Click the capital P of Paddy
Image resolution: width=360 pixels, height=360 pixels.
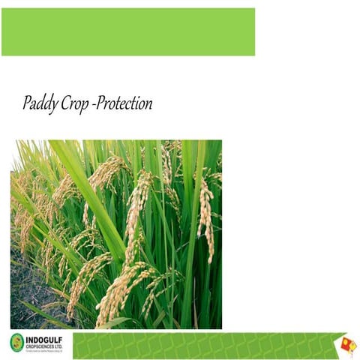(x=28, y=103)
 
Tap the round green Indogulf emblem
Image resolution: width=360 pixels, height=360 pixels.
(x=17, y=343)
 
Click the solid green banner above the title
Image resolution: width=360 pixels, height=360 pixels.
(x=127, y=31)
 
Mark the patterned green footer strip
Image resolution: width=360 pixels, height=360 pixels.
(x=202, y=346)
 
